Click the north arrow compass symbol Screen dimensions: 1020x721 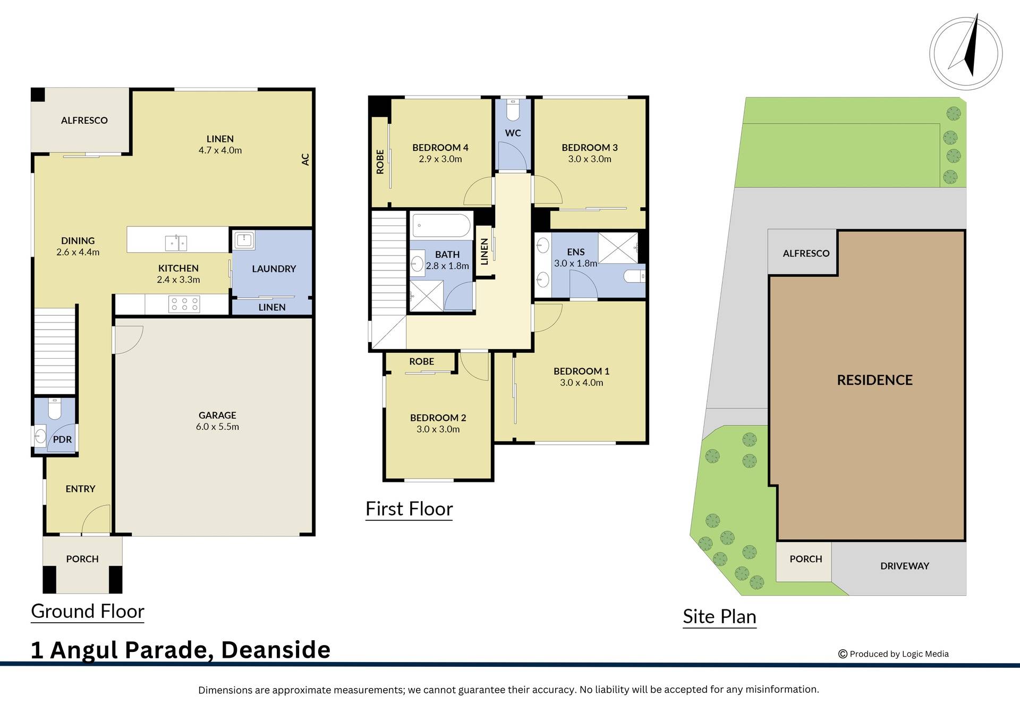tap(966, 53)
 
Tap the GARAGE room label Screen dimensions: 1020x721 tap(217, 415)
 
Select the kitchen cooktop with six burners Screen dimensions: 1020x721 tap(184, 304)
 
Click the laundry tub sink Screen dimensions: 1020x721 tap(244, 240)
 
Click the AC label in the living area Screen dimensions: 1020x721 tap(305, 159)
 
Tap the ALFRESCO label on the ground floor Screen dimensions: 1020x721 tap(84, 121)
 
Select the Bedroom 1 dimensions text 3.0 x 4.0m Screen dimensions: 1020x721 tap(582, 383)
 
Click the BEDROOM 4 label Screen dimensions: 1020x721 tap(440, 148)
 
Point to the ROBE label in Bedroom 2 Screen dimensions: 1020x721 tap(422, 361)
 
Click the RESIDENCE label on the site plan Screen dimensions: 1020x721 tap(875, 380)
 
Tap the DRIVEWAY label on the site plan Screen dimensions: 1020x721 tap(905, 566)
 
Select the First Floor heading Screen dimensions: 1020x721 tap(409, 509)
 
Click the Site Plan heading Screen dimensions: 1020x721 tap(719, 617)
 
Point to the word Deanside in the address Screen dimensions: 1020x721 tap(276, 650)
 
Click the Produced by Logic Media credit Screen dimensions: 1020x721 tap(894, 654)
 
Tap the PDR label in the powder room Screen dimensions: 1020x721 tap(63, 440)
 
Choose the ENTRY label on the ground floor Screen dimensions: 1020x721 tap(81, 489)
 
